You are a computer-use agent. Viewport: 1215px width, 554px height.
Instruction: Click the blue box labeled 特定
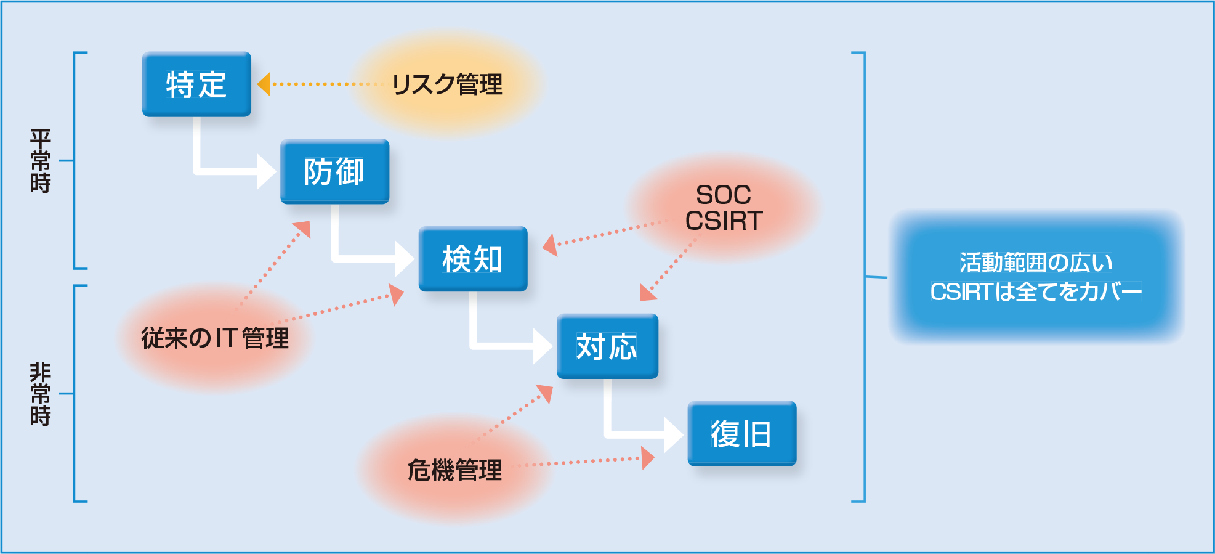196,84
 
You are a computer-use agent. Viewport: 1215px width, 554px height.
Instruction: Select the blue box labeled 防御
334,171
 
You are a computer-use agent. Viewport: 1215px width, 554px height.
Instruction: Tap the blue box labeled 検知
472,259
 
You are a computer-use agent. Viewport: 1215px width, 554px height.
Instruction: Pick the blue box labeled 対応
607,346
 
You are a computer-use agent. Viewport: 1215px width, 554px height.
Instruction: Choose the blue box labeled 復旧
741,434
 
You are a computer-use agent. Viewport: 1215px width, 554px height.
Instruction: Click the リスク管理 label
447,84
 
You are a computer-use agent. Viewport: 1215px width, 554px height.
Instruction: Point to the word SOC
724,195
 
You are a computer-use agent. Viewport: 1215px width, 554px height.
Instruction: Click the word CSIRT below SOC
724,221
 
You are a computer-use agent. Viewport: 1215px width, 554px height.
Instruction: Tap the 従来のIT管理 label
215,338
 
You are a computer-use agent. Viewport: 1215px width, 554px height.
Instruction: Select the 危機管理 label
454,470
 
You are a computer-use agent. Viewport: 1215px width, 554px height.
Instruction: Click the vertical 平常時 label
40,161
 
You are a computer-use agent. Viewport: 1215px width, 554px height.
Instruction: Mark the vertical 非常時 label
40,393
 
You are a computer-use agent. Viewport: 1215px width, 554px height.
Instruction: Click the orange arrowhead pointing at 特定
264,84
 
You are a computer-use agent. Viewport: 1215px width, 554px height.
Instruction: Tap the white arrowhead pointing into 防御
266,171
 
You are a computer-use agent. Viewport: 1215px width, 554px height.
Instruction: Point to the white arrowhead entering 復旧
674,434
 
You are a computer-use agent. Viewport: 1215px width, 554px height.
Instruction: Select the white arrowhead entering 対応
542,346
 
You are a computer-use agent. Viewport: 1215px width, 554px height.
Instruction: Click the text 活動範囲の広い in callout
1036,263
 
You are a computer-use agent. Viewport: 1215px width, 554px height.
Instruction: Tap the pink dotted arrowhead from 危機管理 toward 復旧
647,458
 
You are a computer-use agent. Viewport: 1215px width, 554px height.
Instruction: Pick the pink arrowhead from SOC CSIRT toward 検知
550,244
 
